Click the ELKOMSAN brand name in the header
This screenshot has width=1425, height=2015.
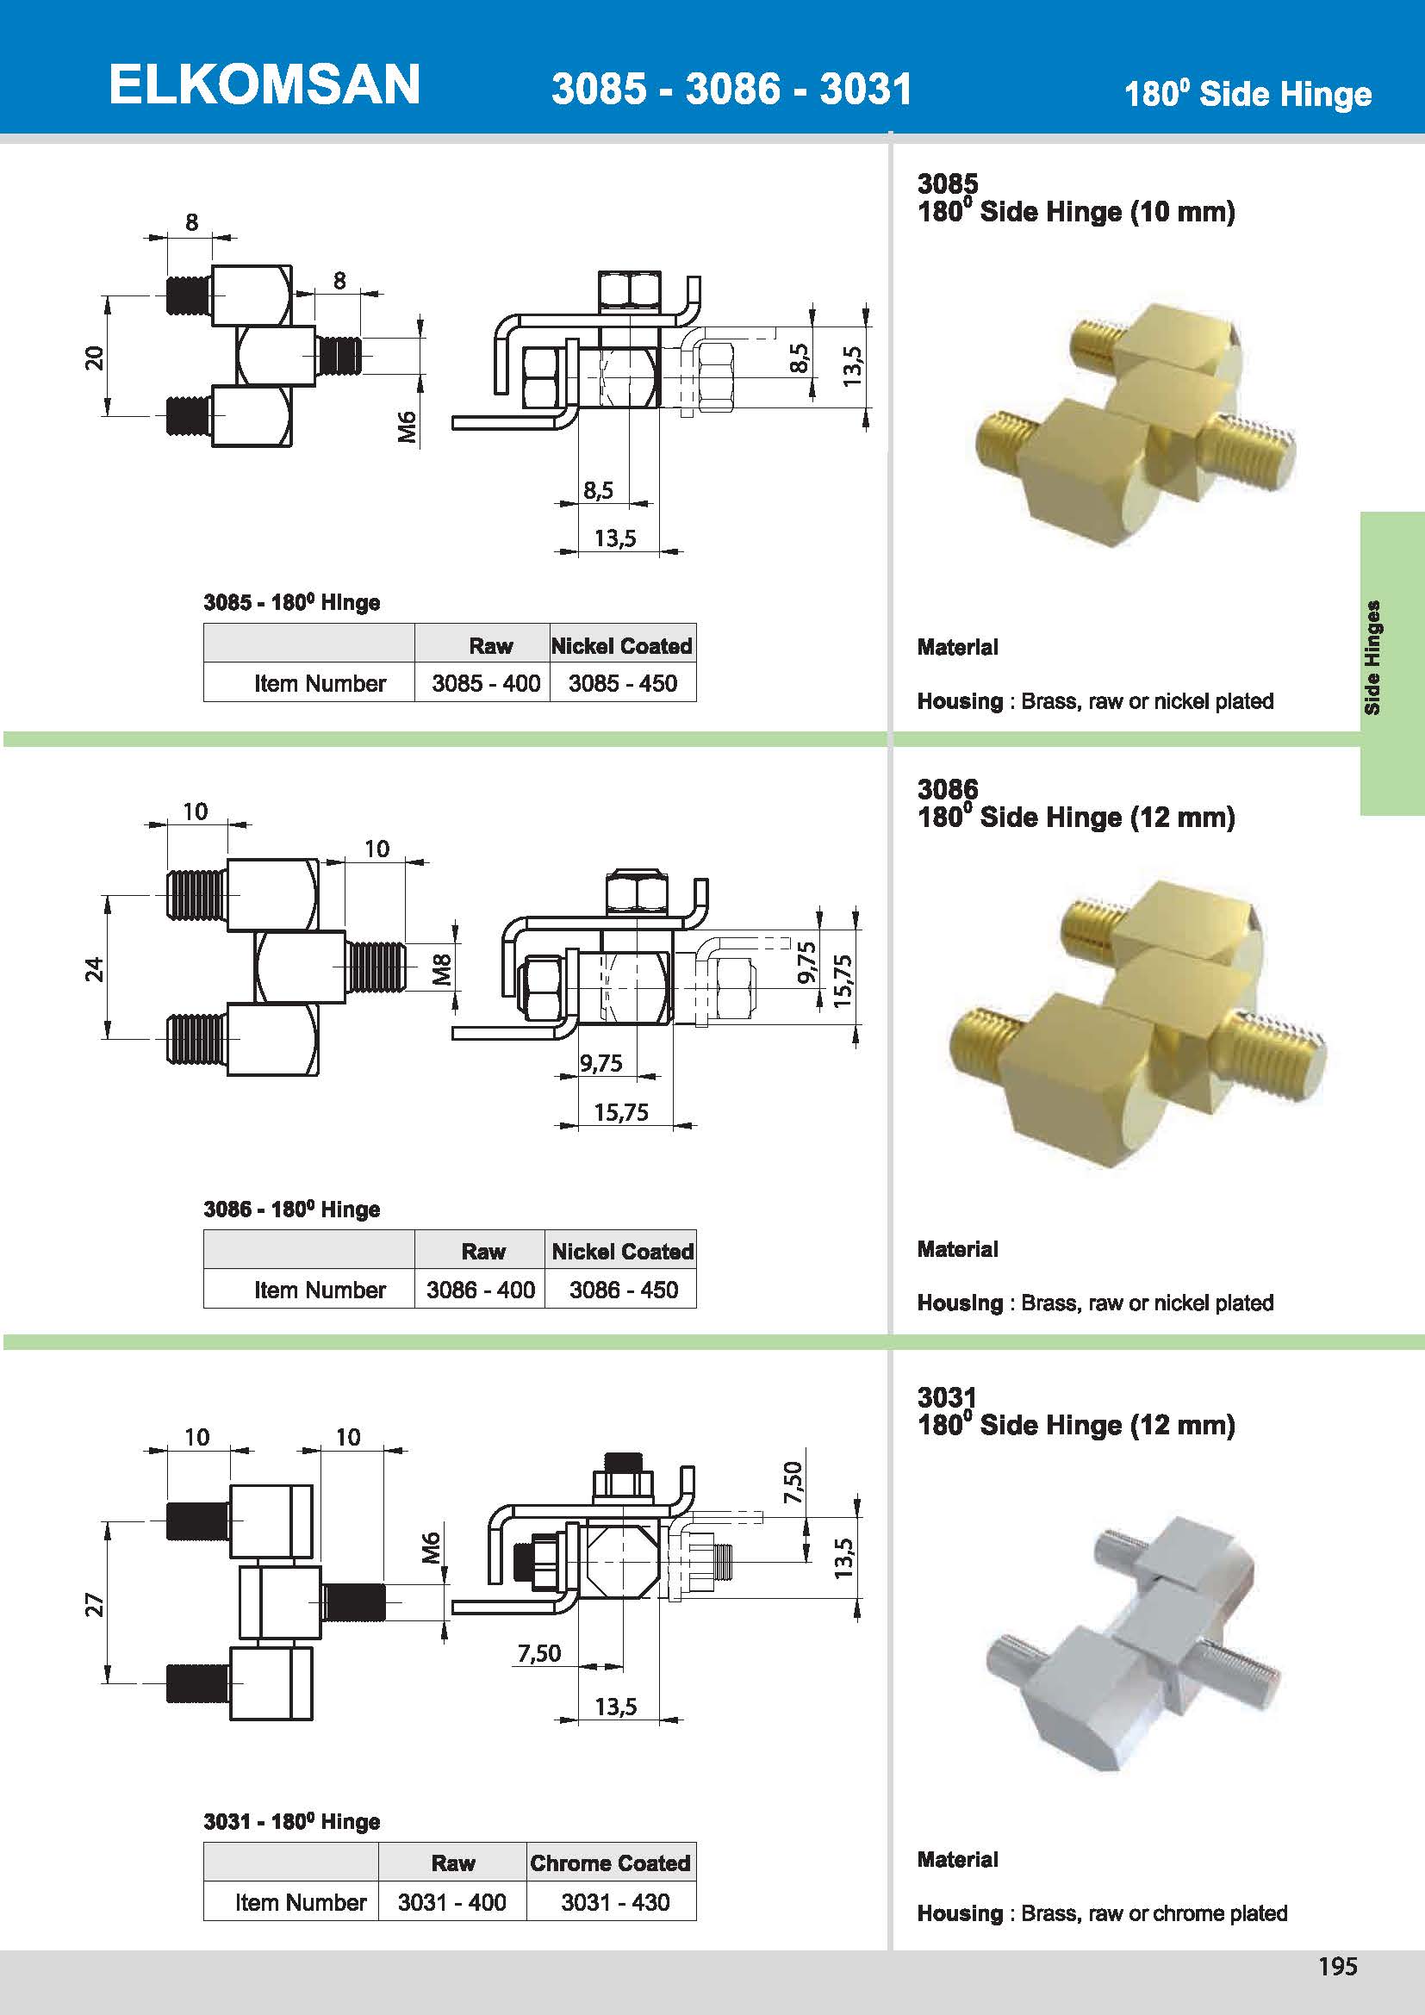click(x=264, y=85)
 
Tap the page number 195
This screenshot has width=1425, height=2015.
click(x=1337, y=1966)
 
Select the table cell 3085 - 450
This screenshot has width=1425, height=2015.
click(x=622, y=683)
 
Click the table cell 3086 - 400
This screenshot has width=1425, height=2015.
click(x=480, y=1290)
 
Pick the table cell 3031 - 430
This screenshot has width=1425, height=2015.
click(x=614, y=1902)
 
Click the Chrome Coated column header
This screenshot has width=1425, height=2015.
click(x=610, y=1863)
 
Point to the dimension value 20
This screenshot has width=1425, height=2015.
click(x=94, y=358)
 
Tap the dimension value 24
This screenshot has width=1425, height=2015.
click(x=94, y=969)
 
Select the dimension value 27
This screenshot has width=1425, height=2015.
click(x=94, y=1604)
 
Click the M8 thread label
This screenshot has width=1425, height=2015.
click(x=442, y=969)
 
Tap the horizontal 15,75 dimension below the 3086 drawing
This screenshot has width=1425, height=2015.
click(x=620, y=1112)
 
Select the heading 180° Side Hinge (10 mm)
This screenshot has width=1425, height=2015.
click(x=1076, y=212)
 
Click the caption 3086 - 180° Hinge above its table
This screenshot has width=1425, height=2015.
click(x=291, y=1210)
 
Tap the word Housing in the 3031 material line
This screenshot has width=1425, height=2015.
click(x=959, y=1912)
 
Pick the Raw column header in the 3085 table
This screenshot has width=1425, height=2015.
click(x=489, y=646)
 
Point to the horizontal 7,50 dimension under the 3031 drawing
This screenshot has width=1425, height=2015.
click(x=538, y=1652)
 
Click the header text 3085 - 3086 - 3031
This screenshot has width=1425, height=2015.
click(x=731, y=89)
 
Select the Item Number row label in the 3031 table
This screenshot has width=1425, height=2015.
click(x=300, y=1902)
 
